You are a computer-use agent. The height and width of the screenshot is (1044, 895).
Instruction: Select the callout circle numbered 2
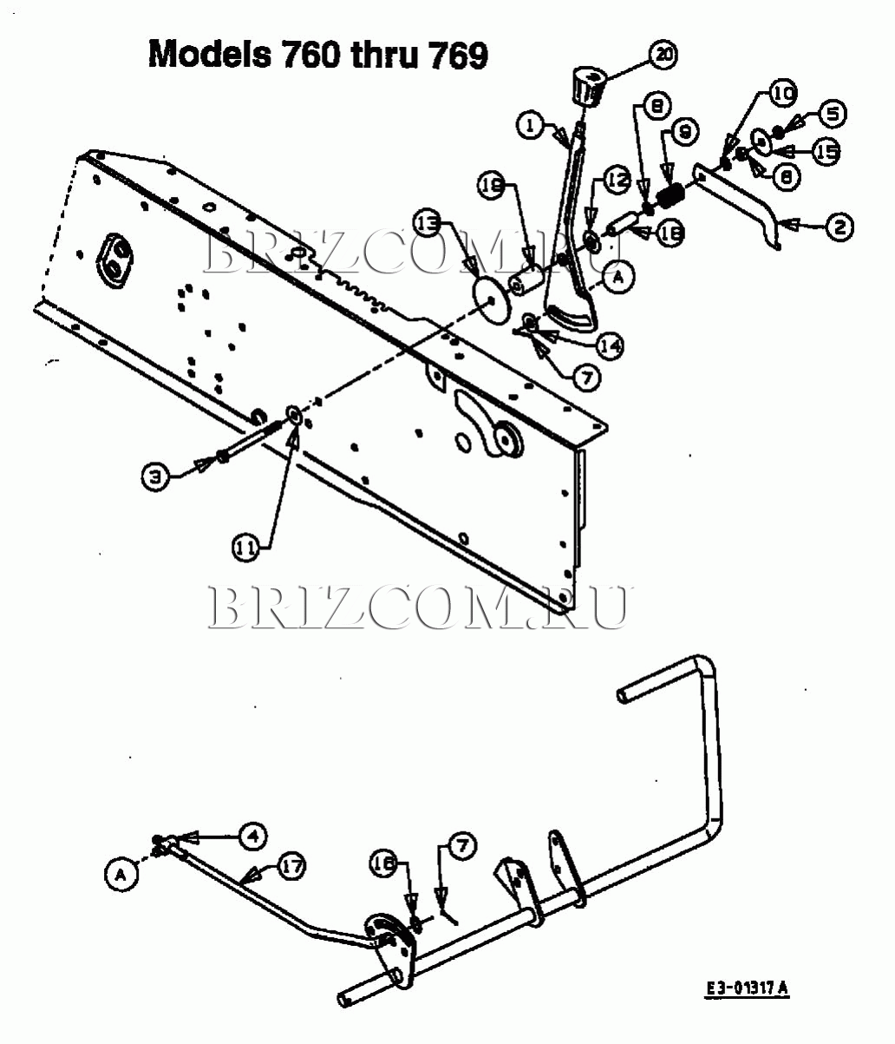pyautogui.click(x=839, y=227)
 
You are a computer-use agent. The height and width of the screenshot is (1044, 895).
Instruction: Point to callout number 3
pyautogui.click(x=155, y=475)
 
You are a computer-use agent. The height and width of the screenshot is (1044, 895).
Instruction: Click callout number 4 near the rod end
pyautogui.click(x=252, y=836)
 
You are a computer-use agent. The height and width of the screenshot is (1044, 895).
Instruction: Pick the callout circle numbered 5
pyautogui.click(x=833, y=113)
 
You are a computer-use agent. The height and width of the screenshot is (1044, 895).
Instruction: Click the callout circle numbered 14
pyautogui.click(x=610, y=346)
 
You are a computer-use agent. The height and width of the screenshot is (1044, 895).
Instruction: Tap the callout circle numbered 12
pyautogui.click(x=617, y=181)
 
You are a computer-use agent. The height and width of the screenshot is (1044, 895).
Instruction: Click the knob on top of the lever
pyautogui.click(x=587, y=87)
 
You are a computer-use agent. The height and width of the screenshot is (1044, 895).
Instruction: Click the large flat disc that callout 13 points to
pyautogui.click(x=492, y=300)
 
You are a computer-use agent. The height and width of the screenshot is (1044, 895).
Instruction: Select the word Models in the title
pyautogui.click(x=209, y=55)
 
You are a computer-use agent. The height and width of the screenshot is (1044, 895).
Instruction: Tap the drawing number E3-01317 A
pyautogui.click(x=747, y=988)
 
